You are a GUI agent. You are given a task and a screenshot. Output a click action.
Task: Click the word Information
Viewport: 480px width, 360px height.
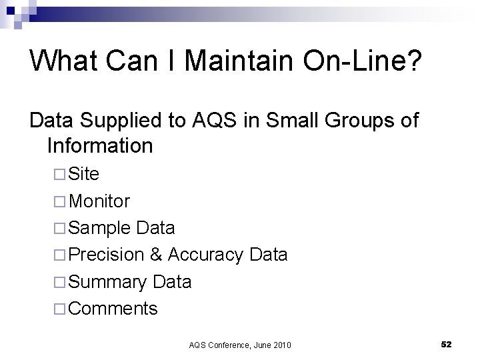coord(100,145)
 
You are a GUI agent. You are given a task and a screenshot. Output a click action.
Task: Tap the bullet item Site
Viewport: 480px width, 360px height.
coord(84,174)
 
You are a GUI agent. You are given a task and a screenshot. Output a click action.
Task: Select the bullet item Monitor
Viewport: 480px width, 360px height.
coord(99,201)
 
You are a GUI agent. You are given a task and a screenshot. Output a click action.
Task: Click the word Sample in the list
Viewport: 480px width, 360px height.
coord(99,228)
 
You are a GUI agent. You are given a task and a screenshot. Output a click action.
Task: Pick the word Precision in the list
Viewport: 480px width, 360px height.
coord(106,255)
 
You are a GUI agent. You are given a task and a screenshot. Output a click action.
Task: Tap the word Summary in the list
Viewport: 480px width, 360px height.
coord(108,282)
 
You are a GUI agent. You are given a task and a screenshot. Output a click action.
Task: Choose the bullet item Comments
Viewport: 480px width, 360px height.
coord(113,309)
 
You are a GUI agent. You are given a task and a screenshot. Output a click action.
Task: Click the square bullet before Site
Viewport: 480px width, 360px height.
coord(59,175)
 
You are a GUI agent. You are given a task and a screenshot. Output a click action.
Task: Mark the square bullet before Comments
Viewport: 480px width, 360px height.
coord(59,309)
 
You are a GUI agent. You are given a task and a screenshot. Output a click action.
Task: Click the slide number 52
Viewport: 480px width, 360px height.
coord(446,344)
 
